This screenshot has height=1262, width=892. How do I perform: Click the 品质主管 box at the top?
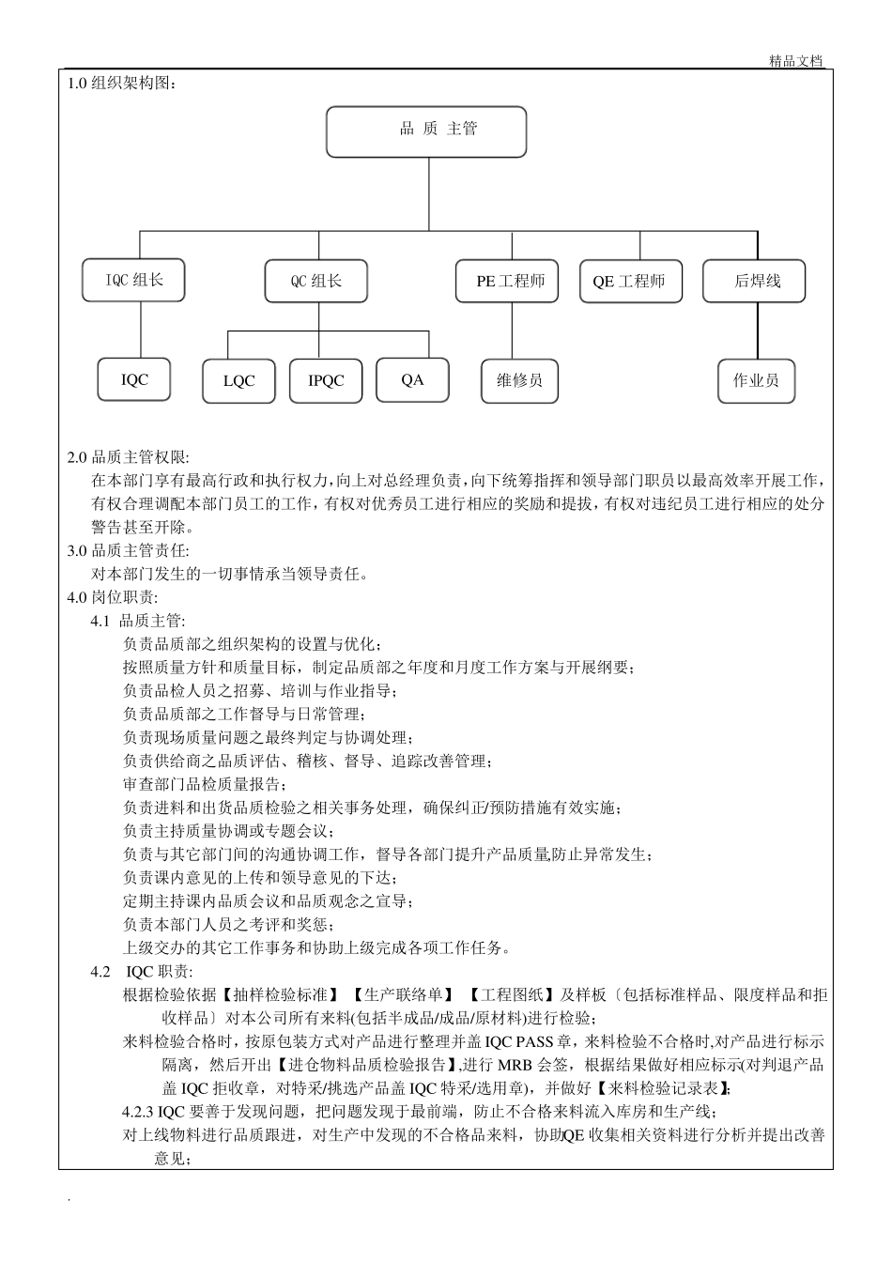(426, 131)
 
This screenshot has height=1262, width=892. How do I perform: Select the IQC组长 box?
(133, 280)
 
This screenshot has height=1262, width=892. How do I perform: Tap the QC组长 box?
(316, 281)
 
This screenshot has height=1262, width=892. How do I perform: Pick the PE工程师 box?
(507, 281)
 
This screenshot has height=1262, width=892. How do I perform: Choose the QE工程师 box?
(629, 281)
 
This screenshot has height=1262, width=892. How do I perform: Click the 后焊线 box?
(757, 281)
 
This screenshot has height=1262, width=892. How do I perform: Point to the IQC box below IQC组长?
(134, 379)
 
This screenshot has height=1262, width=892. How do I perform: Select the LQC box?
(238, 380)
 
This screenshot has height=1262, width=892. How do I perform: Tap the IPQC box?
(326, 380)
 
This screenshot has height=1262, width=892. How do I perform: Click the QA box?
(412, 379)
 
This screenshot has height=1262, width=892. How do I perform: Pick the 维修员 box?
(519, 380)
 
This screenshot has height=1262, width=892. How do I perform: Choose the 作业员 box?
(757, 380)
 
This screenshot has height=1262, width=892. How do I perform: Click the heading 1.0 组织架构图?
(122, 83)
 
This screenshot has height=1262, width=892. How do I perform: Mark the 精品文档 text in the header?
(795, 61)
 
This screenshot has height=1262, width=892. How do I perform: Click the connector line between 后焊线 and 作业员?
(757, 331)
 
